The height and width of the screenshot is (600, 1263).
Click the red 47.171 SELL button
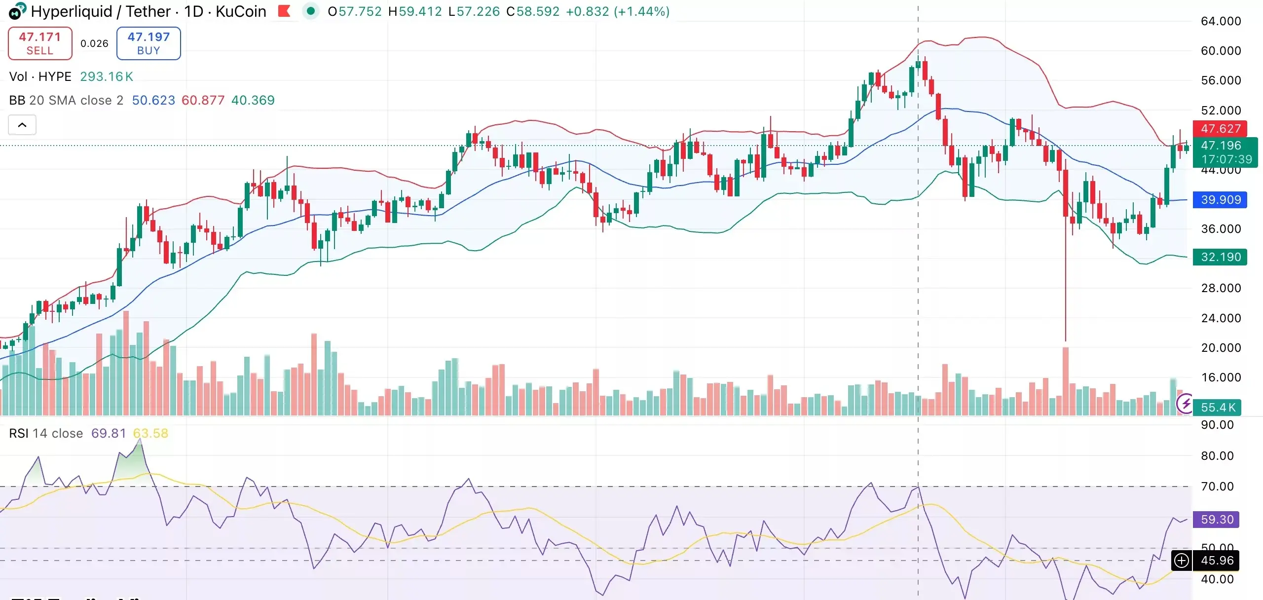coord(40,43)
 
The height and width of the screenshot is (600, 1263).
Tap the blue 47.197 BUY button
coord(149,43)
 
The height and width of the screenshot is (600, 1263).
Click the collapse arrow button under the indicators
coord(22,125)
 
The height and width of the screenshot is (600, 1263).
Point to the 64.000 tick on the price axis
coord(1221,21)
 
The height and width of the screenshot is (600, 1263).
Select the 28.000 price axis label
coord(1221,288)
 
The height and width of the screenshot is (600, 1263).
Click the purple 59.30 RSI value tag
coord(1216,520)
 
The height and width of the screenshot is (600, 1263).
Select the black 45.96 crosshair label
coord(1216,561)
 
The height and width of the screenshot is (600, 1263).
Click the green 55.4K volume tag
coord(1218,408)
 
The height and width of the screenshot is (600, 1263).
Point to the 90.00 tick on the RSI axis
coord(1217,425)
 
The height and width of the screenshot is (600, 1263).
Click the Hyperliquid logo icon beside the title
coord(17,11)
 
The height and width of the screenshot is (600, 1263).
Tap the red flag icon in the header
coord(284,11)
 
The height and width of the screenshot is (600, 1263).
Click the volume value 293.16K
coord(107,76)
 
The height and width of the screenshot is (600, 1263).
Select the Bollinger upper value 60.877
coord(203,100)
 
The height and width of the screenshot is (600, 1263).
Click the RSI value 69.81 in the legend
coord(109,433)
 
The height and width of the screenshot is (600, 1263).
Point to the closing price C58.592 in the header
coord(533,11)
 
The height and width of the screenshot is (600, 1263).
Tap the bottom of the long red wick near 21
coord(1066,340)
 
